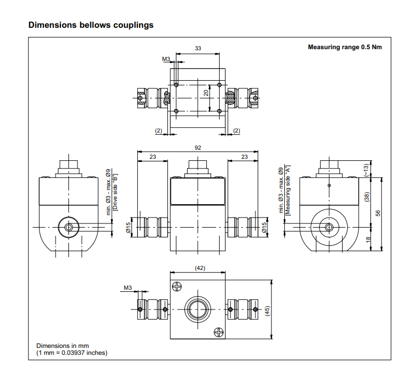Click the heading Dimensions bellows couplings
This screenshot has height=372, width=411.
(x=91, y=25)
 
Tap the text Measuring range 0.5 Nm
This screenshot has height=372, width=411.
(x=345, y=47)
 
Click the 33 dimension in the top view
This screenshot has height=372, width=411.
(x=198, y=48)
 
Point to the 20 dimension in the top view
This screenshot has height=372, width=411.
(x=205, y=92)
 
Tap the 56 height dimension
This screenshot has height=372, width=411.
(x=377, y=213)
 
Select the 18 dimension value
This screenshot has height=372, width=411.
(x=368, y=240)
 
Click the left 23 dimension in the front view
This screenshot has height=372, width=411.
(x=153, y=157)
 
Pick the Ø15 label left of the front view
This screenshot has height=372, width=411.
(x=128, y=228)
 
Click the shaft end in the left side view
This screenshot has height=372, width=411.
(x=68, y=227)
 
